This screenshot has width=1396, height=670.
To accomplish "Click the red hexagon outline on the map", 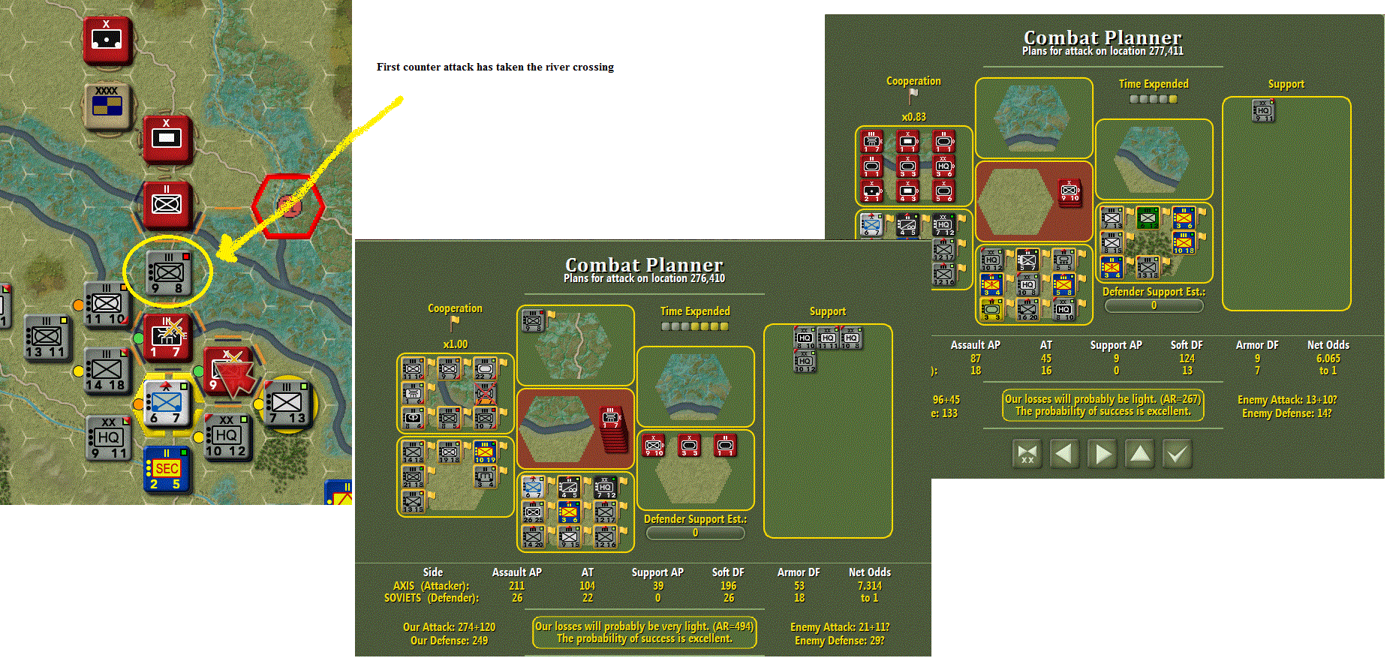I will pyautogui.click(x=289, y=206).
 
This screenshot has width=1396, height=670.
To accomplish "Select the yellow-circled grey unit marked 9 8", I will pyautogui.click(x=169, y=272).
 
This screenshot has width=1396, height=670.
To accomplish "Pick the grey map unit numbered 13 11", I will pyautogui.click(x=47, y=338).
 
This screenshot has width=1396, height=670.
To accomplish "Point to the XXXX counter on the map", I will pyautogui.click(x=107, y=106).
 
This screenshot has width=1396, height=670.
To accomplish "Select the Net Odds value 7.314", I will pyautogui.click(x=870, y=586).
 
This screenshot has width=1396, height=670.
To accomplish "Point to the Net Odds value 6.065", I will pyautogui.click(x=1328, y=359).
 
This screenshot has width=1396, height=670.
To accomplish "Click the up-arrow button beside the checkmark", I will pyautogui.click(x=1139, y=454).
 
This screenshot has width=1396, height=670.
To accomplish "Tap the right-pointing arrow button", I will pyautogui.click(x=1102, y=454).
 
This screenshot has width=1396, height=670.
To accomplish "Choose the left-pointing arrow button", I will pyautogui.click(x=1064, y=454).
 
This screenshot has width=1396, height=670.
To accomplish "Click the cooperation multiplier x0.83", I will pyautogui.click(x=913, y=117).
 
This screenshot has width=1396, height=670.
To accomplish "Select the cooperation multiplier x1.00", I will pyautogui.click(x=455, y=344).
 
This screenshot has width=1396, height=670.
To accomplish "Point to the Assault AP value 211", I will pyautogui.click(x=516, y=586).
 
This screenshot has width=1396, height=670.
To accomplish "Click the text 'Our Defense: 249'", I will pyautogui.click(x=449, y=641).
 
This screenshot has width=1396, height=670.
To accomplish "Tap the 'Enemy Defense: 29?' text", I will pyautogui.click(x=839, y=641).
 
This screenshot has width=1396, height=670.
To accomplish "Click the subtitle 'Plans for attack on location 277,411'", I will pyautogui.click(x=1103, y=51).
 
